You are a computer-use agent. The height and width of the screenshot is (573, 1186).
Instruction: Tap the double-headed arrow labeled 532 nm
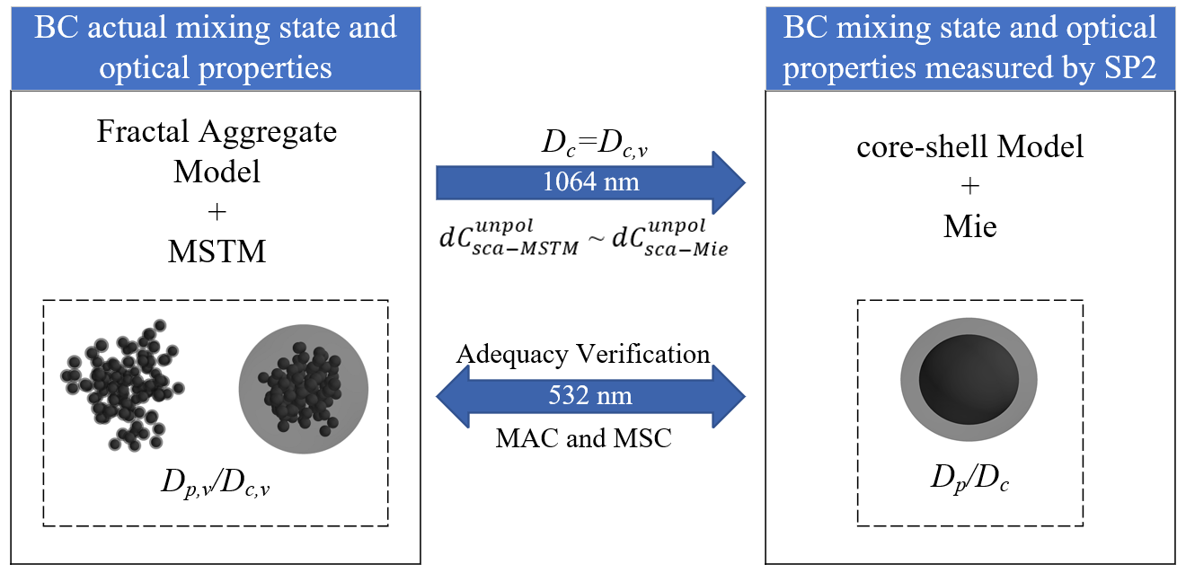pos(590,395)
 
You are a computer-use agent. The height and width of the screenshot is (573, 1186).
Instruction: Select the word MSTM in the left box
pos(217,251)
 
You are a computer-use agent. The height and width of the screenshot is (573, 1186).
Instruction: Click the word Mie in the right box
pos(970,226)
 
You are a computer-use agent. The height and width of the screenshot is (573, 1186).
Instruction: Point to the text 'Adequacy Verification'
pos(583,354)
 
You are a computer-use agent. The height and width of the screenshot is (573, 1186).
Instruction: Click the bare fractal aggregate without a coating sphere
pos(121,382)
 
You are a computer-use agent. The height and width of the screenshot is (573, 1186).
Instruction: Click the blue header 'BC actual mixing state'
pos(216,46)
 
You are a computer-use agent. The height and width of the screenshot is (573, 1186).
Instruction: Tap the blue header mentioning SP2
pos(970,46)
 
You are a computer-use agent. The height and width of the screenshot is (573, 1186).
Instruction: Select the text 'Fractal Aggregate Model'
pos(217,150)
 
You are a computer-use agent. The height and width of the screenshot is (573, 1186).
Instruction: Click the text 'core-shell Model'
pos(970,145)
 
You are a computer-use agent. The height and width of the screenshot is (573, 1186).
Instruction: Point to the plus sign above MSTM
pos(217,211)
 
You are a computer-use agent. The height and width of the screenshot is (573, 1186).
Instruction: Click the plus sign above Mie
pos(970,187)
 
